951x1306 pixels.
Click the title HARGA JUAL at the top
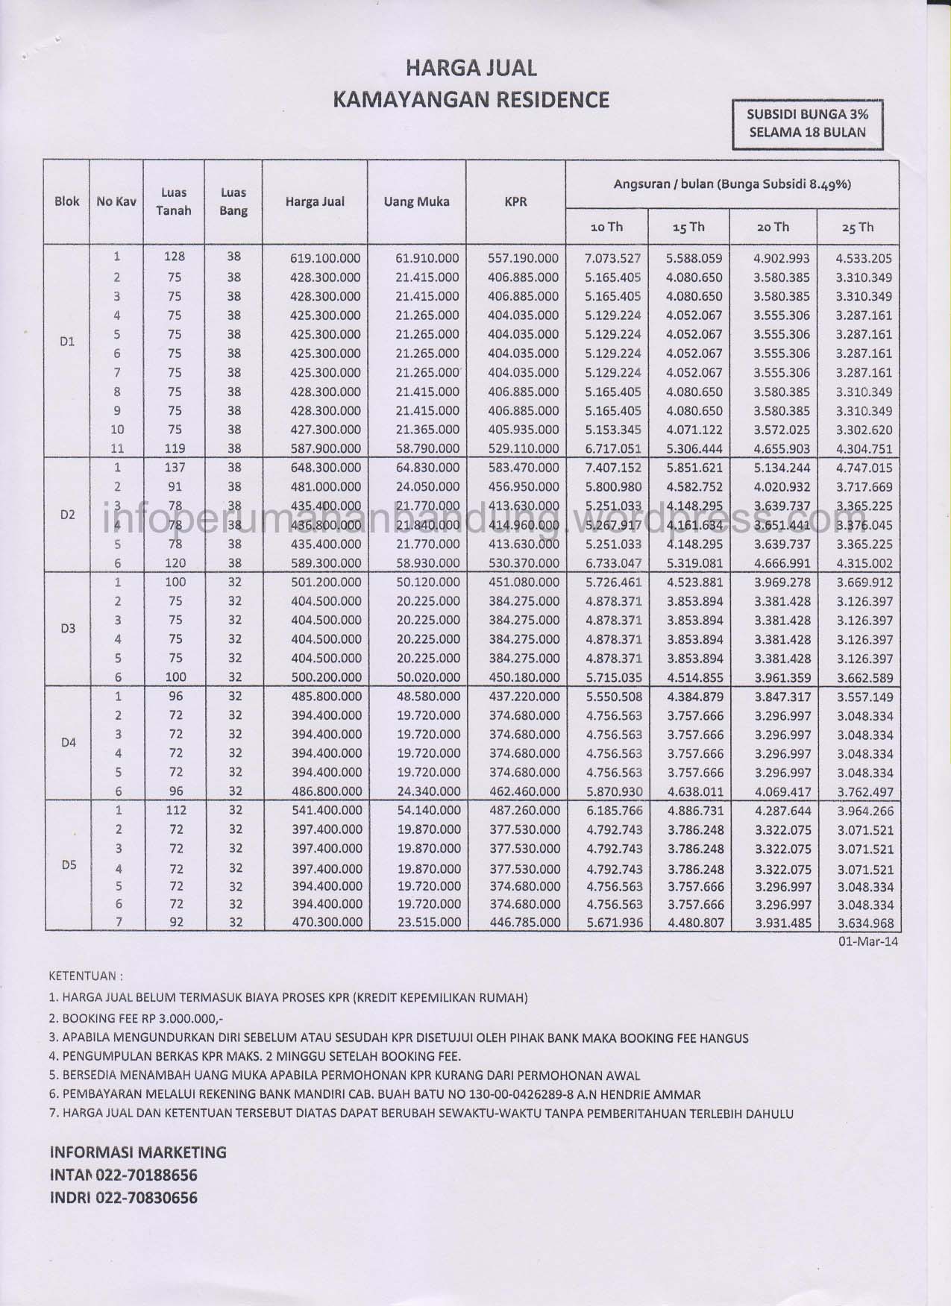click(471, 69)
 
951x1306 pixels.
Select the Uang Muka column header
click(416, 201)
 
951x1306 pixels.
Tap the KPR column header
click(515, 201)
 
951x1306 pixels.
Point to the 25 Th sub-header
click(857, 227)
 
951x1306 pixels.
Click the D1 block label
click(67, 342)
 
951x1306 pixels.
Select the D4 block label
click(68, 743)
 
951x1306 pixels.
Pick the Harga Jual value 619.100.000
click(324, 259)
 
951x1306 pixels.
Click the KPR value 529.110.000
click(523, 449)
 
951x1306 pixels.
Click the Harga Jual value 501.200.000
click(324, 583)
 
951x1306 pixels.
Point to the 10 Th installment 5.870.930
click(613, 791)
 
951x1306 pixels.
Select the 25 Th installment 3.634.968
click(864, 923)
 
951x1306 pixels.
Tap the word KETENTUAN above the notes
click(84, 975)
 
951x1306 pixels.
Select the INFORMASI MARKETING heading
click(138, 1152)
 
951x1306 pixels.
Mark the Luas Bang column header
click(233, 201)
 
